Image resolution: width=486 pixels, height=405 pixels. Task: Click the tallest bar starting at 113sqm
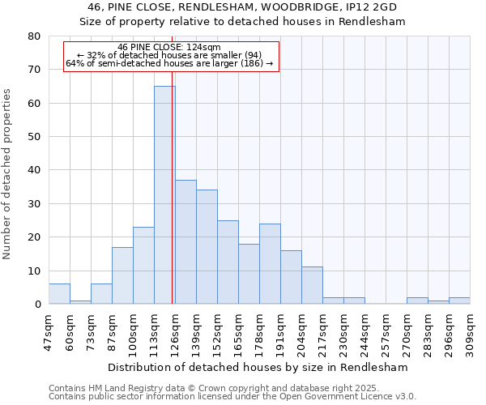click(x=164, y=194)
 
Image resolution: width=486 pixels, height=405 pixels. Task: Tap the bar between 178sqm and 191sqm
click(x=270, y=263)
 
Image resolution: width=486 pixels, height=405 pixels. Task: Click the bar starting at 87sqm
click(x=122, y=275)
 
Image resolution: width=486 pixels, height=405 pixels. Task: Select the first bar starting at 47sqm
click(x=59, y=294)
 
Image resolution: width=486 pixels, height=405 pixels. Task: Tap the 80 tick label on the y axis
click(x=34, y=36)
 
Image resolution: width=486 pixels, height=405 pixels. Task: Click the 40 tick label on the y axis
click(x=34, y=170)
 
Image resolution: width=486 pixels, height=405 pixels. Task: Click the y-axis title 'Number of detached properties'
click(x=7, y=174)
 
